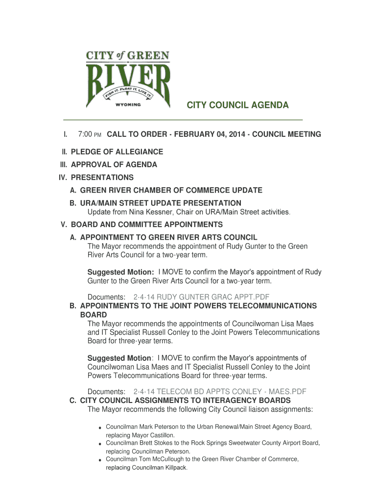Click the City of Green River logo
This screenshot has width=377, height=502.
click(128, 79)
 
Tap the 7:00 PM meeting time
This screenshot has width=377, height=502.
click(90, 134)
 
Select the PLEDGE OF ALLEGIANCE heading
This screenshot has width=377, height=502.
click(117, 152)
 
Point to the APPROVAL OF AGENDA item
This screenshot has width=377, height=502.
click(114, 165)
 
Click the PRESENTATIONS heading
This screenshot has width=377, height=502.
click(102, 177)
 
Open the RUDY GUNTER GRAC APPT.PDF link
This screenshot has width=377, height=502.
click(201, 297)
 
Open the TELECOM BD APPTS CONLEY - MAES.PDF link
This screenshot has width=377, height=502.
click(220, 392)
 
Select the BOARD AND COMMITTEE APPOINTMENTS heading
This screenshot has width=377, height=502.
click(147, 225)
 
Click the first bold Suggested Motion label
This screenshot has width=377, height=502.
click(120, 272)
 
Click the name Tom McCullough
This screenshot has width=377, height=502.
click(156, 459)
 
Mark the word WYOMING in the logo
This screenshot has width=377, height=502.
click(128, 104)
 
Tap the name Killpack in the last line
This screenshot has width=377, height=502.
click(175, 468)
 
